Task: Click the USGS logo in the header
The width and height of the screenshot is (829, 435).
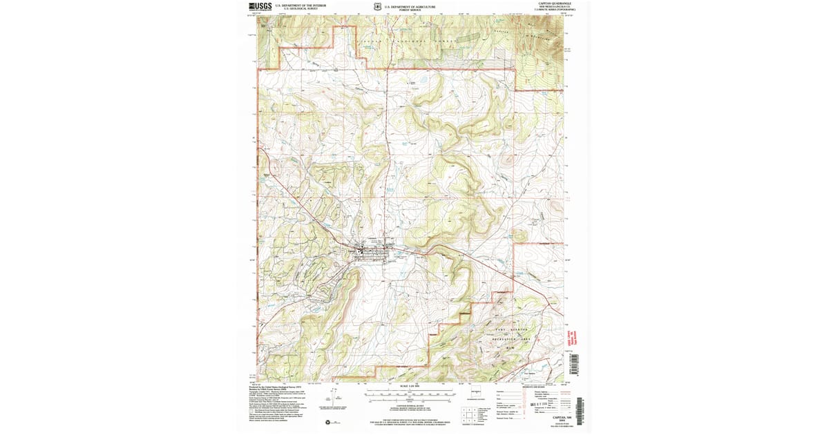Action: [x=261, y=6]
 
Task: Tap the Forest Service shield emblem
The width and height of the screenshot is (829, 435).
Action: [x=374, y=7]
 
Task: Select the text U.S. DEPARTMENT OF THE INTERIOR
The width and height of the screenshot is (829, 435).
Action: [x=300, y=6]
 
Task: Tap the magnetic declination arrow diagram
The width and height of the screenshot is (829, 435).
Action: [x=335, y=398]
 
